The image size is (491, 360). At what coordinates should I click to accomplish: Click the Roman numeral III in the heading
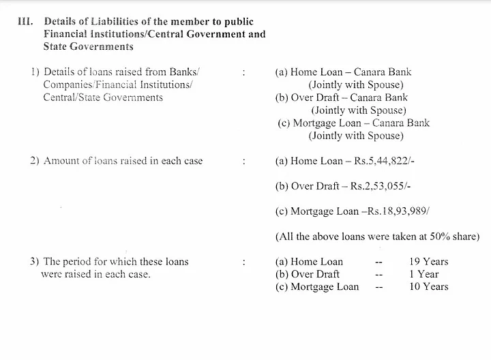pyautogui.click(x=25, y=22)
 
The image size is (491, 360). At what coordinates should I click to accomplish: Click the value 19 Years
pyautogui.click(x=429, y=262)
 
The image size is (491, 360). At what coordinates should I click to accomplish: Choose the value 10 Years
pyautogui.click(x=429, y=286)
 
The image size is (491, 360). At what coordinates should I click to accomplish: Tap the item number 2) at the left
pyautogui.click(x=34, y=162)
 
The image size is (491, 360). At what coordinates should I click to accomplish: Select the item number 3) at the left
pyautogui.click(x=34, y=262)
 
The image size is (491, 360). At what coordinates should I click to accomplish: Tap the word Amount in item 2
pyautogui.click(x=62, y=162)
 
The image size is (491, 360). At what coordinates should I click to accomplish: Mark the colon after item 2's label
pyautogui.click(x=243, y=162)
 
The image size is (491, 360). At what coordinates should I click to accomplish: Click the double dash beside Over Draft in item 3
pyautogui.click(x=379, y=274)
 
